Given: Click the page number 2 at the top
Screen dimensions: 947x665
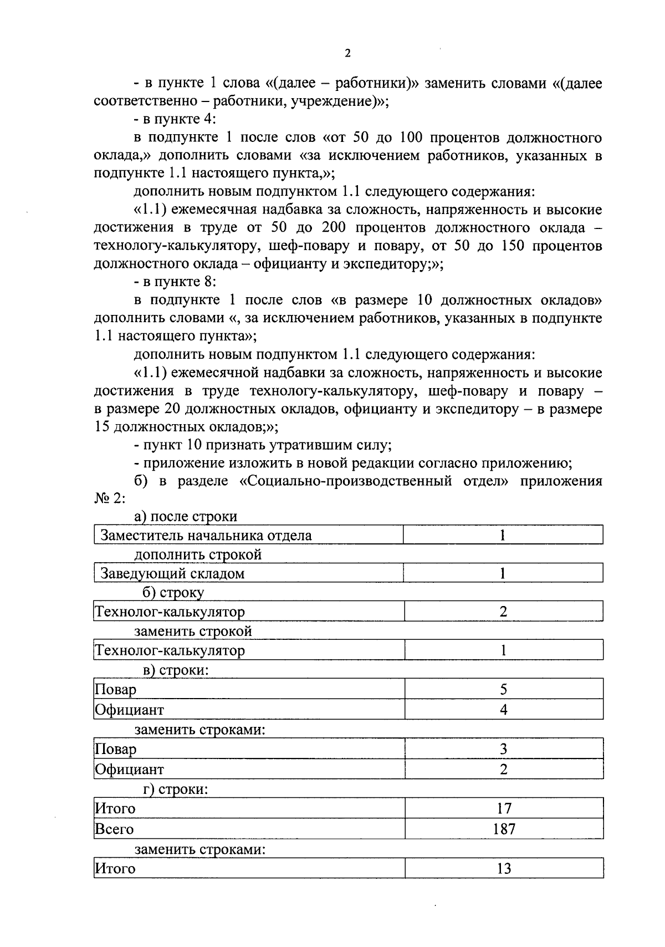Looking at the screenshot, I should pyautogui.click(x=347, y=53).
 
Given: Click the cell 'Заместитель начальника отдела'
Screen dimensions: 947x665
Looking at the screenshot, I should pyautogui.click(x=206, y=536).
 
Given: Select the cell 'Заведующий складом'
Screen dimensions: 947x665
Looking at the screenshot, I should pyautogui.click(x=172, y=573).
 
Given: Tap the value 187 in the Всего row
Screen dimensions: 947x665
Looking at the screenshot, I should pyautogui.click(x=504, y=829).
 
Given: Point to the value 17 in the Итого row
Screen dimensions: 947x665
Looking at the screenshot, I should pyautogui.click(x=504, y=808).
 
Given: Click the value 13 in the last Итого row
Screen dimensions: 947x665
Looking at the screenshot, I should pyautogui.click(x=504, y=868).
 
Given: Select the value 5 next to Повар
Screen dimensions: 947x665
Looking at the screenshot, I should pyautogui.click(x=504, y=689).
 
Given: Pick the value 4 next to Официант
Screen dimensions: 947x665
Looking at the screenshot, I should pyautogui.click(x=504, y=710).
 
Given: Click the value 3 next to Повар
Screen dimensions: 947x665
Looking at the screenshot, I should pyautogui.click(x=504, y=749).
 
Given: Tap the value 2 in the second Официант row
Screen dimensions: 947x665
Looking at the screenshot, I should pyautogui.click(x=504, y=770).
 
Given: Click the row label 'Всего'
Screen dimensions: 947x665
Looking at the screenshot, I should pyautogui.click(x=114, y=829).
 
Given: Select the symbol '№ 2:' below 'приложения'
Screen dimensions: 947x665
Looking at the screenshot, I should pyautogui.click(x=110, y=498).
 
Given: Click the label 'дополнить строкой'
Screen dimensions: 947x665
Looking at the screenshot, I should pyautogui.click(x=198, y=554).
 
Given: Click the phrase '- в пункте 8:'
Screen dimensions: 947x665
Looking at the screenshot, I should pyautogui.click(x=175, y=282).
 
